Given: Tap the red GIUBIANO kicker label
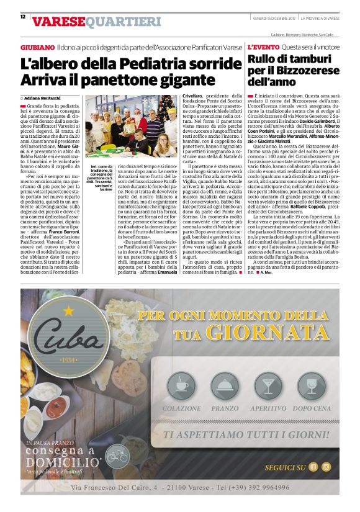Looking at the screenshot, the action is [x=37, y=47].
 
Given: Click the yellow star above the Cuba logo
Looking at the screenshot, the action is [x=68, y=309].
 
